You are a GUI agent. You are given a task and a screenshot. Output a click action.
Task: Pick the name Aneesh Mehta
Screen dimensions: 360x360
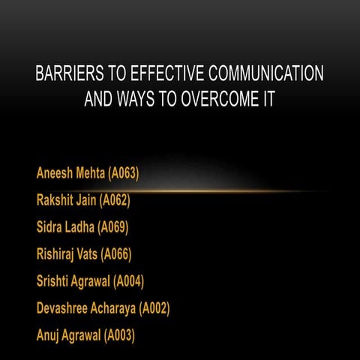[x=70, y=174]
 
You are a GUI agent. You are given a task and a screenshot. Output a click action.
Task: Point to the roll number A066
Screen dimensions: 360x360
[x=117, y=254]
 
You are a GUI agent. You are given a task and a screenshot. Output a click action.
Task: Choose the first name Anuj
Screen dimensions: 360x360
[x=48, y=334]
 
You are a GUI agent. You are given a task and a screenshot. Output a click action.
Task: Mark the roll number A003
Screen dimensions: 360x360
[x=121, y=334]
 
